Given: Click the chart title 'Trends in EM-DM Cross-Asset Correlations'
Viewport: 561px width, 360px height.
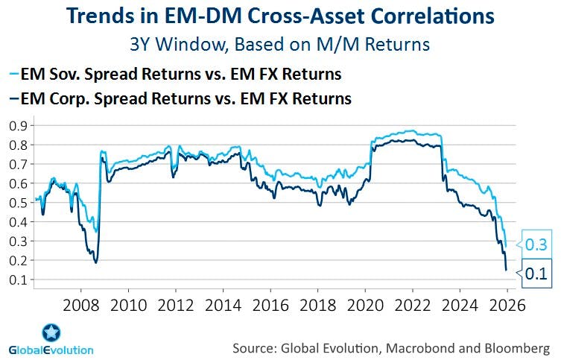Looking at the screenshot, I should coord(280,16).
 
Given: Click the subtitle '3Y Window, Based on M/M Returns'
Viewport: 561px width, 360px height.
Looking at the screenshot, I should coord(280,44).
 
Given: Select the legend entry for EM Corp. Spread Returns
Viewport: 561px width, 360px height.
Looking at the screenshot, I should coord(181,98).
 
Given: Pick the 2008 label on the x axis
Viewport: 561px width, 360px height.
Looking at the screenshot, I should coord(80,305).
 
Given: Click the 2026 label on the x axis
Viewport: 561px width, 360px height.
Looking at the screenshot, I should coord(504,305).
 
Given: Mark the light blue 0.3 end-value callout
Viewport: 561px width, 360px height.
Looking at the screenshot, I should coord(536,244).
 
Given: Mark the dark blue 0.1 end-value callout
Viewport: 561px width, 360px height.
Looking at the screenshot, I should coord(536,274).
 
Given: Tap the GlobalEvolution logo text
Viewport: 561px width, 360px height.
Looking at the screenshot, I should coord(51,350).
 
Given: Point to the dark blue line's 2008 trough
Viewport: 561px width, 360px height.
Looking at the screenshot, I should coord(95,262).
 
